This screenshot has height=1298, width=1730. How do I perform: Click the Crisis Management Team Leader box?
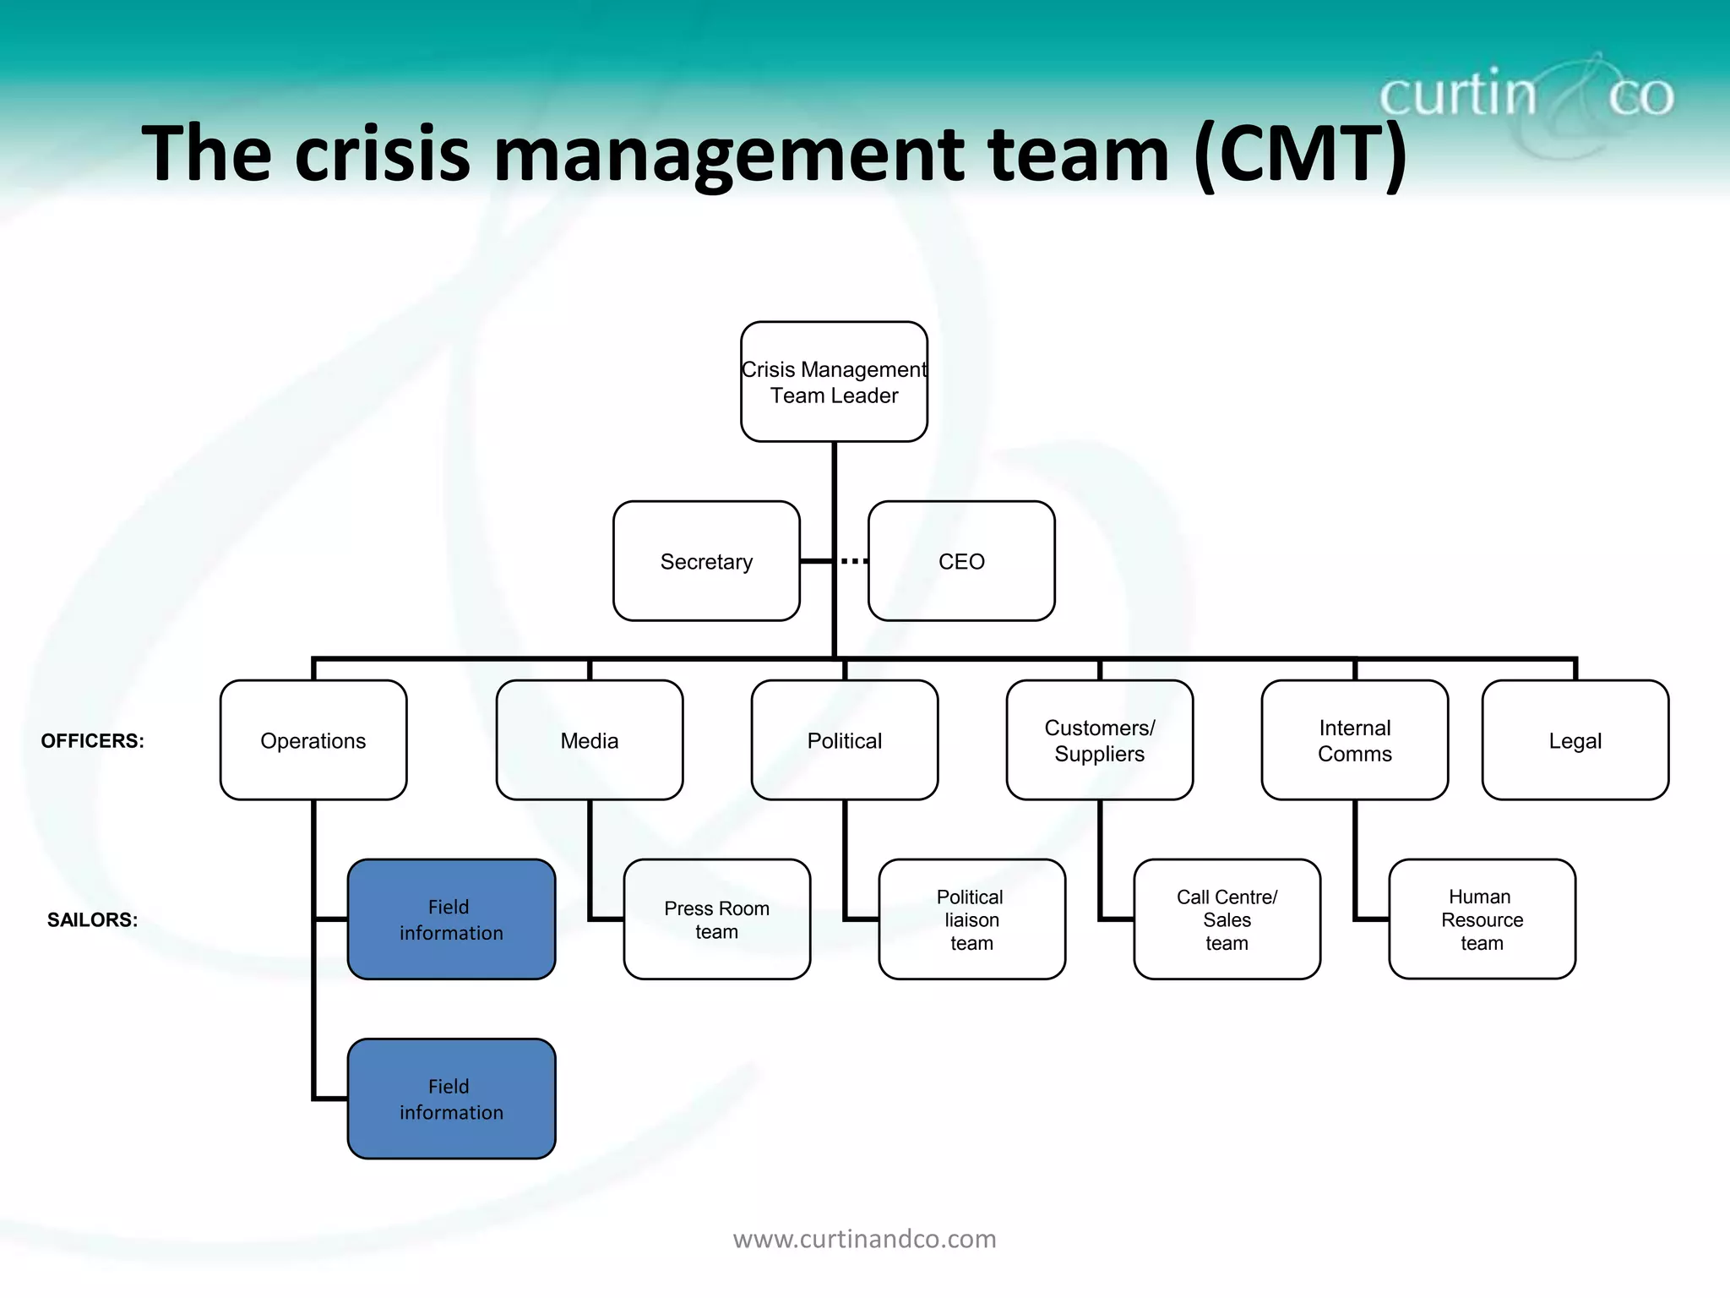[x=834, y=382]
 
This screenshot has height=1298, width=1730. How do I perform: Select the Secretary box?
[x=706, y=561]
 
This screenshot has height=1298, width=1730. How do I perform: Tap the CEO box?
[x=961, y=561]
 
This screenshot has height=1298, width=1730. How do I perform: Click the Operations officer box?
[x=313, y=740]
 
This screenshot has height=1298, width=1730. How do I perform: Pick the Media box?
[x=590, y=740]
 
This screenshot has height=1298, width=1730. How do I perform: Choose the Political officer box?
[x=845, y=740]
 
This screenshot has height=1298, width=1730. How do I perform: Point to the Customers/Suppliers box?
[x=1100, y=740]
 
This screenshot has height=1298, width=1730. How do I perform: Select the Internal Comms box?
[x=1355, y=740]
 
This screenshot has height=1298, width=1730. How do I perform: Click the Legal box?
[x=1575, y=740]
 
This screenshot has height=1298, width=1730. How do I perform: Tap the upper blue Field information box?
[x=451, y=919]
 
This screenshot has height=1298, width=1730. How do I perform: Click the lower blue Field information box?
[x=451, y=1099]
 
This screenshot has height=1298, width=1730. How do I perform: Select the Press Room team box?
[x=716, y=919]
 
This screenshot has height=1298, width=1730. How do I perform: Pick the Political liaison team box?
[x=971, y=919]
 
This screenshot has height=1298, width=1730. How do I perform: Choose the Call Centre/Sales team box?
[x=1227, y=919]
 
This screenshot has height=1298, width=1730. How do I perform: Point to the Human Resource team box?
[x=1482, y=919]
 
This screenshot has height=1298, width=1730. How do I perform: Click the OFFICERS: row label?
[x=93, y=741]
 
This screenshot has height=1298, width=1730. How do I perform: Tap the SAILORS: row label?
[x=92, y=920]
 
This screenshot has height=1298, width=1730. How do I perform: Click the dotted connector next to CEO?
[x=854, y=561]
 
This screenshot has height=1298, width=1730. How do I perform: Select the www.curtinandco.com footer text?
[x=864, y=1239]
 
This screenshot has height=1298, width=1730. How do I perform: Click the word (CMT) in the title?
[x=1300, y=154]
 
